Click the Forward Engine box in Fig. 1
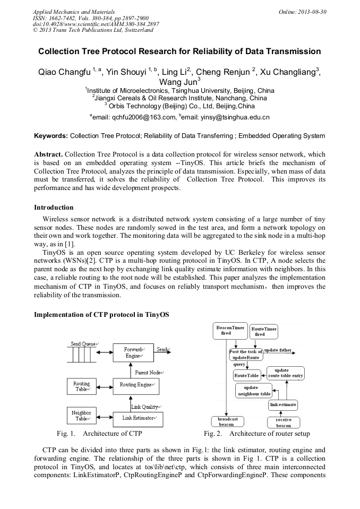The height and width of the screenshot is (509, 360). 134,352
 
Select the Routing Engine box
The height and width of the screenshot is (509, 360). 136,384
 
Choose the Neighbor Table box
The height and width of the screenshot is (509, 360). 82,415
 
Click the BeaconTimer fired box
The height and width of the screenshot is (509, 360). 230,331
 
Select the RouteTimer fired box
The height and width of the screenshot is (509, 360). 264,332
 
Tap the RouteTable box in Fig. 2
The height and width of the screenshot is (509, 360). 247,375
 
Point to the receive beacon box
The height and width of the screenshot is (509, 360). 284,422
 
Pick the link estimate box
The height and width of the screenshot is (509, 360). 283,405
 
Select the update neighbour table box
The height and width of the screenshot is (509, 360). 254,391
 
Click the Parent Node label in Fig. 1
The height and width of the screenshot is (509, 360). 149,373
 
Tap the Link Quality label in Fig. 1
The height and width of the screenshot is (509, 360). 145,407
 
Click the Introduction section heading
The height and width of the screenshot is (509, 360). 54,207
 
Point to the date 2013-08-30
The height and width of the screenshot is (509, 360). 310,11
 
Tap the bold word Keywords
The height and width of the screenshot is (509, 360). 51,136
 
